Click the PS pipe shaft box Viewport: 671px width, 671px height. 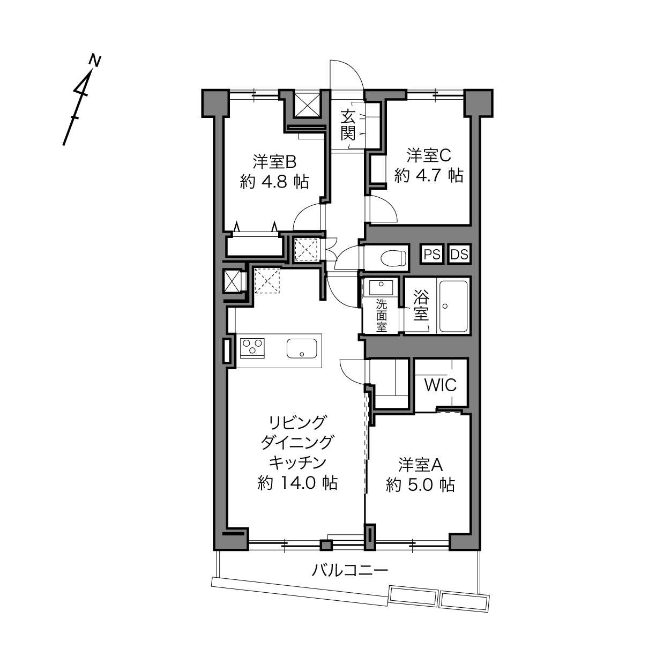tap(432, 254)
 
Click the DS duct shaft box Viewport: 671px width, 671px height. tap(459, 254)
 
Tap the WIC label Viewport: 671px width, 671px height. tap(441, 385)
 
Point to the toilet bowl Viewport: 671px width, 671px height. tap(393, 258)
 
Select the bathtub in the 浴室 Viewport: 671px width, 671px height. tap(453, 307)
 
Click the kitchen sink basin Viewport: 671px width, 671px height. tap(302, 348)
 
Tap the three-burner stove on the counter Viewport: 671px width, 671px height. tap(252, 348)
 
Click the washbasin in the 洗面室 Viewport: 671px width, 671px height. tap(381, 288)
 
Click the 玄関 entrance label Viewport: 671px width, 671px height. tap(348, 124)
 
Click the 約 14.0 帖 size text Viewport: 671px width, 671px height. tap(298, 483)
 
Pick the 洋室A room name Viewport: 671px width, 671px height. tap(420, 465)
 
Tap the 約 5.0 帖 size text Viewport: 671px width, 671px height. tap(420, 484)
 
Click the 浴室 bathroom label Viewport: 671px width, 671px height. tap(421, 305)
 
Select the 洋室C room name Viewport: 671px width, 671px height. tap(429, 155)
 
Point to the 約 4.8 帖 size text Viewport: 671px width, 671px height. tap(274, 182)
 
